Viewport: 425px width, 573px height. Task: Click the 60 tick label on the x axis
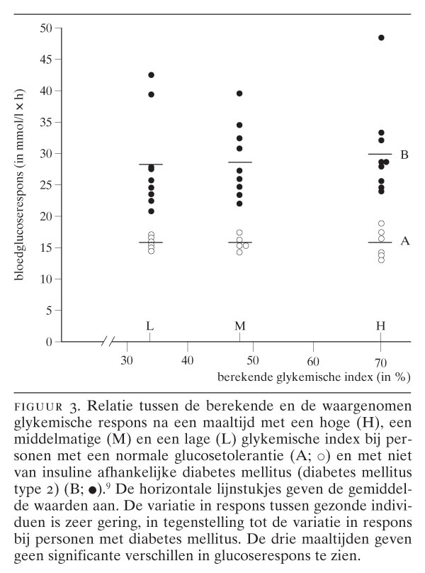click(x=312, y=361)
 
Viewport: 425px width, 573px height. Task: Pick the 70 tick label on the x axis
click(x=380, y=361)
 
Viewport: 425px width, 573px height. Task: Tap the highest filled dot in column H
click(x=381, y=38)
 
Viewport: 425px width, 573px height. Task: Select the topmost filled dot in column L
click(x=151, y=75)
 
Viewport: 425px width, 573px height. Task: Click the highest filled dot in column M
click(x=239, y=94)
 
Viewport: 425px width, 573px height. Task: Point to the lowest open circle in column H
click(x=381, y=260)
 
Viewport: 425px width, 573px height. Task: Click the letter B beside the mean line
click(x=404, y=155)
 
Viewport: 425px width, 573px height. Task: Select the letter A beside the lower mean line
click(x=404, y=241)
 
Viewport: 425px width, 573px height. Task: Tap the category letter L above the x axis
click(x=150, y=326)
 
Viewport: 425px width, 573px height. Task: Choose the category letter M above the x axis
click(x=239, y=326)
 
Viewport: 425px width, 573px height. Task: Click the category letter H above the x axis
click(x=380, y=326)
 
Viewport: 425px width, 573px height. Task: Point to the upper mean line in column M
click(x=239, y=162)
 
